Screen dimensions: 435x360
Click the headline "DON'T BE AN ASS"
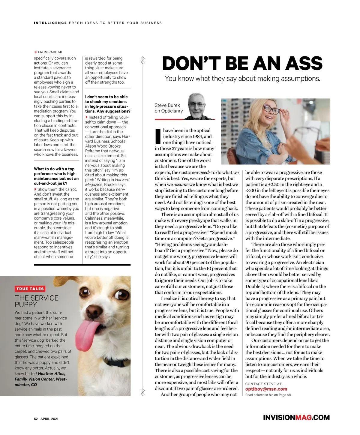[242, 63]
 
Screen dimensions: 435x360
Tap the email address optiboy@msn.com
[266, 389]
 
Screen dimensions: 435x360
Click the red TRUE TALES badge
[30, 289]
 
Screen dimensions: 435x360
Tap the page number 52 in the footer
[36, 419]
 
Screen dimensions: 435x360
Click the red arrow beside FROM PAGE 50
[35, 52]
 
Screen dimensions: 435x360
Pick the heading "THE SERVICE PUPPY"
[37, 301]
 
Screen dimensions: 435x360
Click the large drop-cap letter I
[158, 136]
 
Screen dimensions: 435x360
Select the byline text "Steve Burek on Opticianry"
[169, 108]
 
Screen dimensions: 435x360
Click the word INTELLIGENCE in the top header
[50, 23]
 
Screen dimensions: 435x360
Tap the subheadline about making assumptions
[242, 79]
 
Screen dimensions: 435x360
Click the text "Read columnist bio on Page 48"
[268, 395]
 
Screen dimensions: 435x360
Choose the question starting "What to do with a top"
[56, 176]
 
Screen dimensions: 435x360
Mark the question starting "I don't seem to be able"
[107, 104]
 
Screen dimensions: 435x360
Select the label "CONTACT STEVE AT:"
[264, 384]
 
